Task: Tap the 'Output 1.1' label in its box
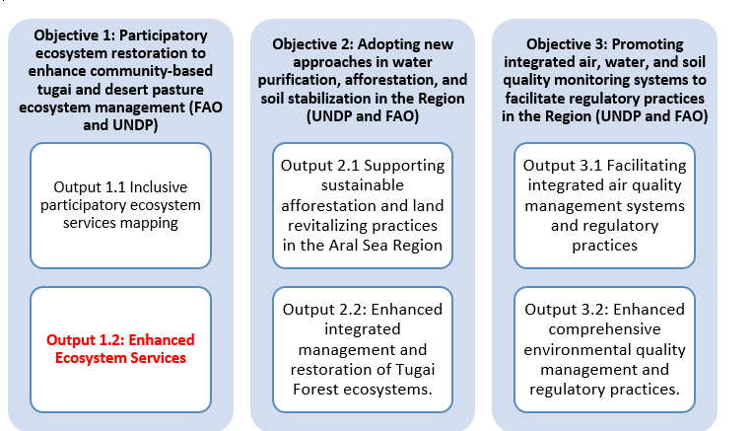point(83,186)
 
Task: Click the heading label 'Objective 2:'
point(313,44)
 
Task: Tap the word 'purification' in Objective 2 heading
point(326,81)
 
